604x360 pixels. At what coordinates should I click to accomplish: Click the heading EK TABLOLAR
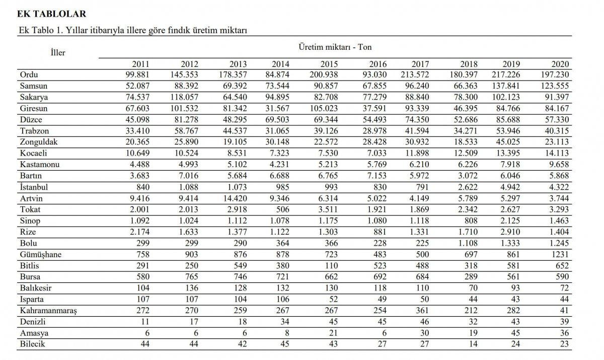click(51, 14)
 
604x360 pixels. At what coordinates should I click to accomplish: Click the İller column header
click(58, 52)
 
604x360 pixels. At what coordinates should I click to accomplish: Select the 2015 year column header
click(329, 64)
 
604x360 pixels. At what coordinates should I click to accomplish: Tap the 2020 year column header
click(560, 64)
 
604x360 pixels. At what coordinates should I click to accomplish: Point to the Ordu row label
click(29, 75)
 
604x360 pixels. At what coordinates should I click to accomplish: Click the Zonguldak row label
click(39, 142)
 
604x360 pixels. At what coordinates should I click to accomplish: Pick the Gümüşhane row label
click(41, 254)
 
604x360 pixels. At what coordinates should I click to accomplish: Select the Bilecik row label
click(32, 344)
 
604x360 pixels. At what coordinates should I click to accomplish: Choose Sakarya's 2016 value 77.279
click(368, 97)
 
